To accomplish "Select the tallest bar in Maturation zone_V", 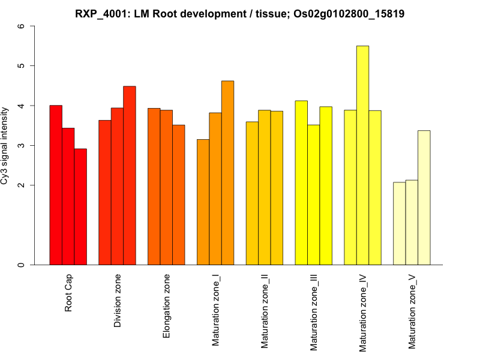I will (424, 197).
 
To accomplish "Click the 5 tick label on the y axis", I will (22, 66).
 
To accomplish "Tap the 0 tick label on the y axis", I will (22, 265).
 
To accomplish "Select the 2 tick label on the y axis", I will (22, 185).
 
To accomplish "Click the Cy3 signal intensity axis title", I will (5, 145).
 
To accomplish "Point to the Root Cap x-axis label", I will (69, 294).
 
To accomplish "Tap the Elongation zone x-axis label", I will (167, 306).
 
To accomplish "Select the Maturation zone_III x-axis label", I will (314, 312).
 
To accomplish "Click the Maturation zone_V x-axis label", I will (412, 311).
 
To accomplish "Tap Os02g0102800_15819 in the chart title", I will (349, 13).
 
